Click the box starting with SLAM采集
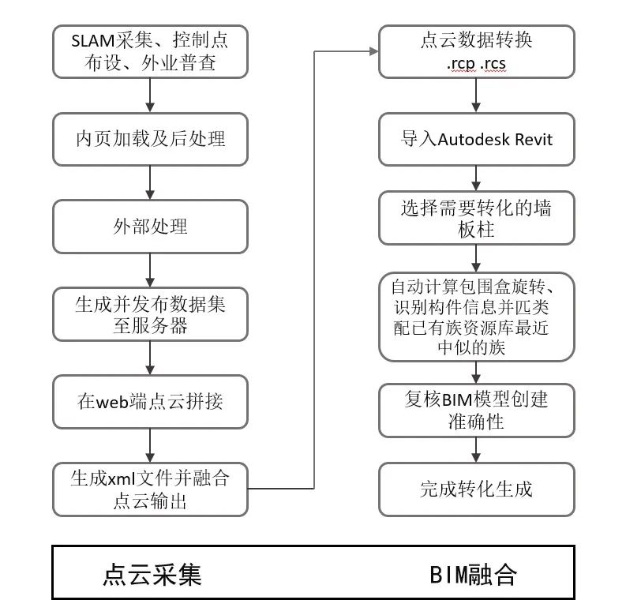150,52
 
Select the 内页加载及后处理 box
150,139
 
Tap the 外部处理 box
150,227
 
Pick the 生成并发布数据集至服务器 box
150,314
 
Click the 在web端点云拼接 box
150,401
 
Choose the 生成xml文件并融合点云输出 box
150,489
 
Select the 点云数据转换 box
476,52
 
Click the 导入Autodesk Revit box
476,140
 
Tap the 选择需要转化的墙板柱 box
476,219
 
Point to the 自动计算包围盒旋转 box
476,316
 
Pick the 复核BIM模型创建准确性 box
476,411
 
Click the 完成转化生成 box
476,489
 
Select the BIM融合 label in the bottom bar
474,574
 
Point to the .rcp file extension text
459,64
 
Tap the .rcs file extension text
495,64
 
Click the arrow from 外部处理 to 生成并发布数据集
150,270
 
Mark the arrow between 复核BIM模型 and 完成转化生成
476,450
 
